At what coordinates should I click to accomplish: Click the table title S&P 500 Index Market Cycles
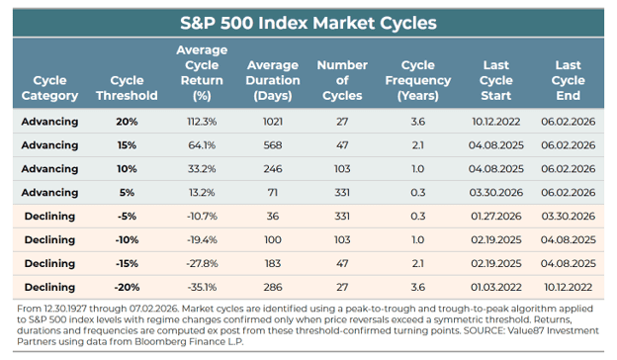[x=308, y=23]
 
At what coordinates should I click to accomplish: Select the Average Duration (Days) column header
[x=273, y=80]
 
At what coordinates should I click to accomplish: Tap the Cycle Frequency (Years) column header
[x=418, y=80]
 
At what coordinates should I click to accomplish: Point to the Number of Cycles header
[x=342, y=80]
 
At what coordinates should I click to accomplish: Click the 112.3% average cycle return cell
[x=202, y=122]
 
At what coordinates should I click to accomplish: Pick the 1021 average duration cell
[x=273, y=122]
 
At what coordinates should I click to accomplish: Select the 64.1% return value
[x=202, y=145]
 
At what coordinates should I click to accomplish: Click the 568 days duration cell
[x=273, y=145]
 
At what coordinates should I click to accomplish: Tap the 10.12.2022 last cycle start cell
[x=495, y=122]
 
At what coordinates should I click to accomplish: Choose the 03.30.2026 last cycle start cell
[x=495, y=193]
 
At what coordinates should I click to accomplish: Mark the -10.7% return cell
[x=202, y=216]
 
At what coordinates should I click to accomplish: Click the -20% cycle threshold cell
[x=127, y=287]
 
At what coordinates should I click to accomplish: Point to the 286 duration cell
[x=273, y=287]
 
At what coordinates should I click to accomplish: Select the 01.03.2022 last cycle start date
[x=495, y=287]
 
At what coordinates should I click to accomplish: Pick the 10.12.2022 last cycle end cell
[x=569, y=287]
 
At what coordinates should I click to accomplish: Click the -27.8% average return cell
[x=202, y=264]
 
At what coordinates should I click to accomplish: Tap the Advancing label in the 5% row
[x=49, y=193]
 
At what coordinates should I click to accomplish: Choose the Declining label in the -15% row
[x=49, y=264]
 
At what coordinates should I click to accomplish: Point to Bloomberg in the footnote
[x=154, y=341]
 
